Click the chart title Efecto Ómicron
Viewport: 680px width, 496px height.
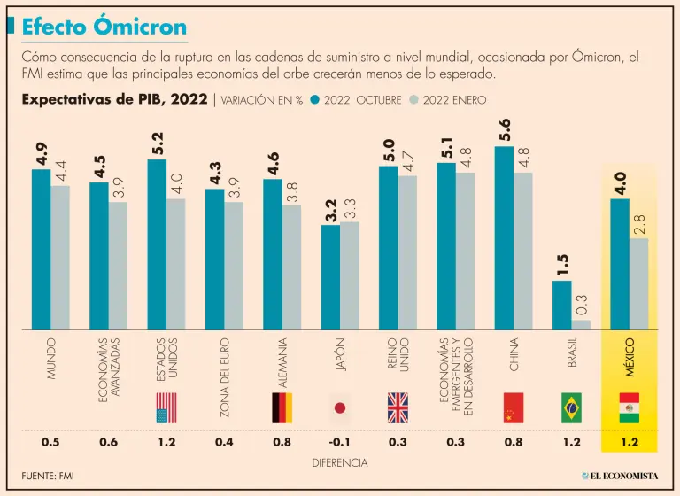pyautogui.click(x=104, y=26)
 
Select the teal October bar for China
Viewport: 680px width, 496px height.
pyautogui.click(x=504, y=237)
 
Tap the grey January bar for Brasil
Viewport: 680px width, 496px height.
pyautogui.click(x=581, y=323)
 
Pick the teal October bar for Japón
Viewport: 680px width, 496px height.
pyautogui.click(x=330, y=276)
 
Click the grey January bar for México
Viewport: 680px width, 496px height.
pyautogui.click(x=638, y=283)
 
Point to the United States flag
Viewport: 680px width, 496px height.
pyautogui.click(x=166, y=407)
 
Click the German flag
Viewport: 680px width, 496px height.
pyautogui.click(x=282, y=407)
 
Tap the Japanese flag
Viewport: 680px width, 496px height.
pyautogui.click(x=339, y=407)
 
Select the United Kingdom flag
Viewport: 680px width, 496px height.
pyautogui.click(x=398, y=407)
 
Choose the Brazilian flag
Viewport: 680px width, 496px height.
pyautogui.click(x=571, y=407)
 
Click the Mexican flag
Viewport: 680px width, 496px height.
pyautogui.click(x=629, y=407)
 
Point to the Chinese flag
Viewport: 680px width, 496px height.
pyautogui.click(x=514, y=407)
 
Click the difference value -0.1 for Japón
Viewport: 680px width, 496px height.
pyautogui.click(x=339, y=442)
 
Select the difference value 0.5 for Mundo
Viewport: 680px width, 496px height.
pyautogui.click(x=50, y=442)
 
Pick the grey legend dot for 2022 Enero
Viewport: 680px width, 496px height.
pyautogui.click(x=413, y=100)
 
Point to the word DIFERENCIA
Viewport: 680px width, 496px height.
pyautogui.click(x=340, y=462)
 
